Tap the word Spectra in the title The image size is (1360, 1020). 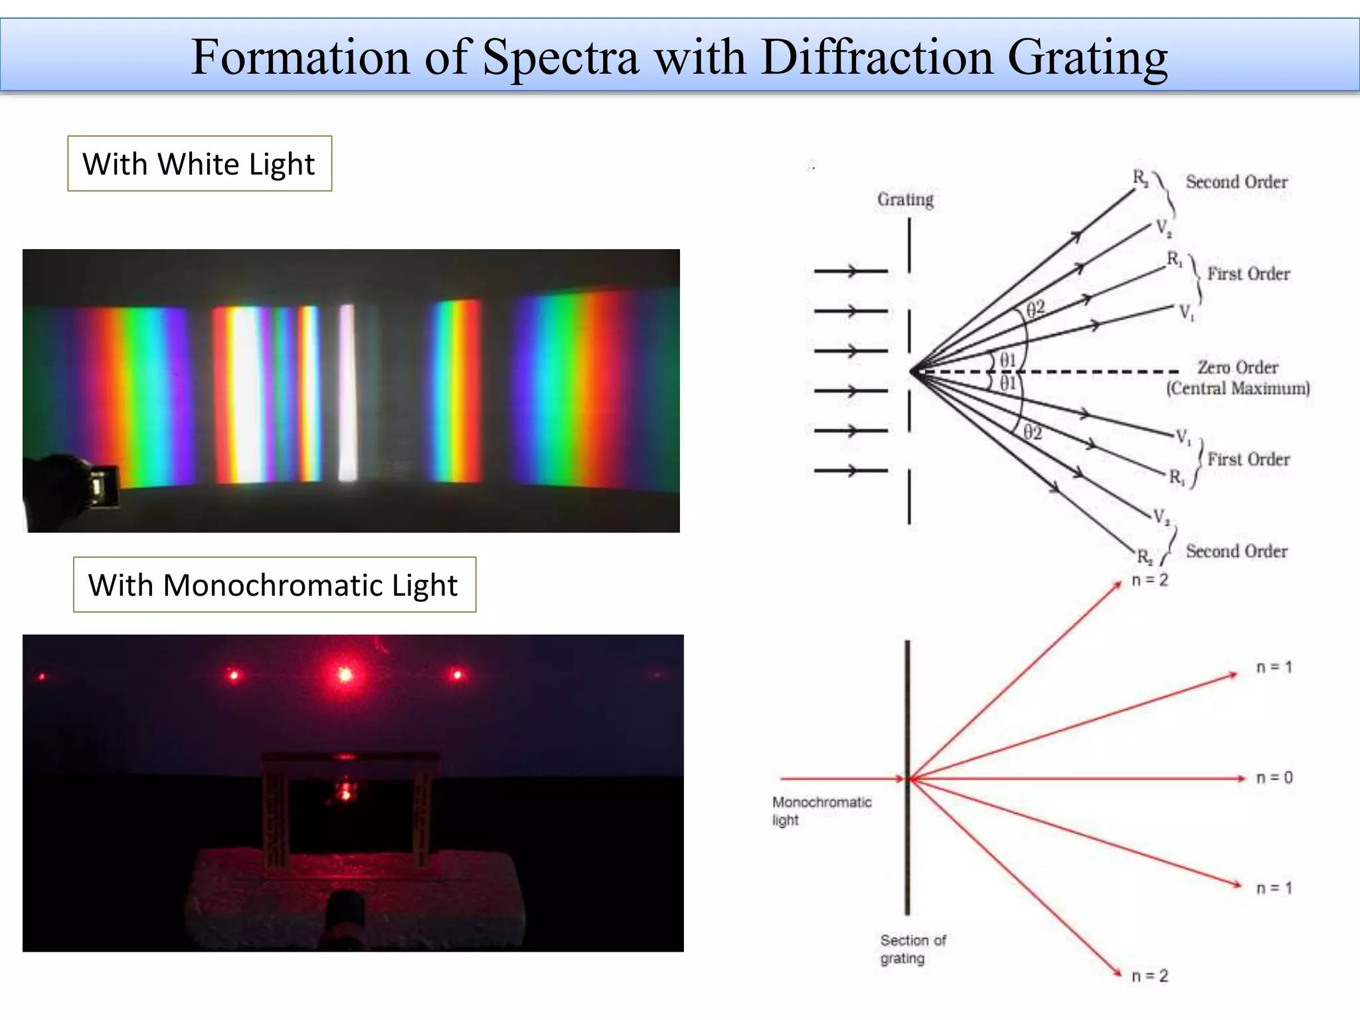(560, 58)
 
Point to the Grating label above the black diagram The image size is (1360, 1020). (905, 199)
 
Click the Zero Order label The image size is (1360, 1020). (1237, 367)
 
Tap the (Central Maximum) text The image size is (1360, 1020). (1238, 388)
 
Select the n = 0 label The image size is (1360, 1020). (1274, 778)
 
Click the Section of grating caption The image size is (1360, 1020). (912, 949)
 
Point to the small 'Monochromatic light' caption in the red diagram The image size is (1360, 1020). (821, 810)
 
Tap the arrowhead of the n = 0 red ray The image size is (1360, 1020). (1240, 778)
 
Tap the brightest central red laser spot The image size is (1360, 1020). (345, 675)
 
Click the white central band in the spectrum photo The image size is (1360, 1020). (347, 392)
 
